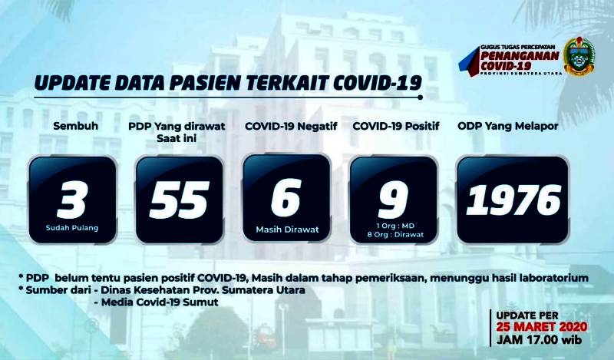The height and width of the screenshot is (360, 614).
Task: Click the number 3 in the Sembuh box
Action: pyautogui.click(x=71, y=200)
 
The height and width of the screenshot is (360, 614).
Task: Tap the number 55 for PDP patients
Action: pyautogui.click(x=179, y=200)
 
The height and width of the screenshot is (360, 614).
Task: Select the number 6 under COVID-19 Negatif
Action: pyautogui.click(x=286, y=197)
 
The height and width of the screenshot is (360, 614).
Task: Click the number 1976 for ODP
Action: pyautogui.click(x=513, y=200)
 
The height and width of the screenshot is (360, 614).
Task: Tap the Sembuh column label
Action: pyautogui.click(x=75, y=126)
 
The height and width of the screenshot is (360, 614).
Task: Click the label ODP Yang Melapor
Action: pyautogui.click(x=508, y=126)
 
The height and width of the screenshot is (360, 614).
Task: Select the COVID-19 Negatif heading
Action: pyautogui.click(x=291, y=126)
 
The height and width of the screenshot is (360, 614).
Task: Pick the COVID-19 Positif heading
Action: pyautogui.click(x=396, y=126)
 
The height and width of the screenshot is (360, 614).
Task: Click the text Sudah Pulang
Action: pyautogui.click(x=72, y=228)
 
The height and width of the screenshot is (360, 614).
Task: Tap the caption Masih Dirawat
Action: pyautogui.click(x=287, y=230)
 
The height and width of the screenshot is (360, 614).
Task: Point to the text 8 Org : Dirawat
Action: pyautogui.click(x=395, y=235)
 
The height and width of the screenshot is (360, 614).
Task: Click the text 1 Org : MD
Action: pyautogui.click(x=395, y=226)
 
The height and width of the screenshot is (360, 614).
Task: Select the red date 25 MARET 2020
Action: pyautogui.click(x=542, y=327)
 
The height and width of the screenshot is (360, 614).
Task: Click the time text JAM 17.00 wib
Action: pyautogui.click(x=539, y=339)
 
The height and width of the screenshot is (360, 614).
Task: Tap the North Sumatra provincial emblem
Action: pyautogui.click(x=579, y=56)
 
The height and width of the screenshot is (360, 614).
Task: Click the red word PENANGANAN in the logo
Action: pyautogui.click(x=520, y=55)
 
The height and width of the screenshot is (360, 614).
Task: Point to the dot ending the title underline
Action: pyautogui.click(x=420, y=97)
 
